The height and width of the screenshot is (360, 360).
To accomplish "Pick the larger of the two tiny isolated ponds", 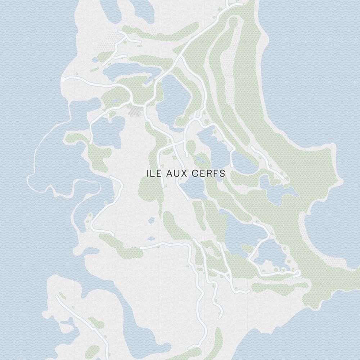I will click(151, 220).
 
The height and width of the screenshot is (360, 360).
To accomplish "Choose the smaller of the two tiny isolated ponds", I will click(150, 238).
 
